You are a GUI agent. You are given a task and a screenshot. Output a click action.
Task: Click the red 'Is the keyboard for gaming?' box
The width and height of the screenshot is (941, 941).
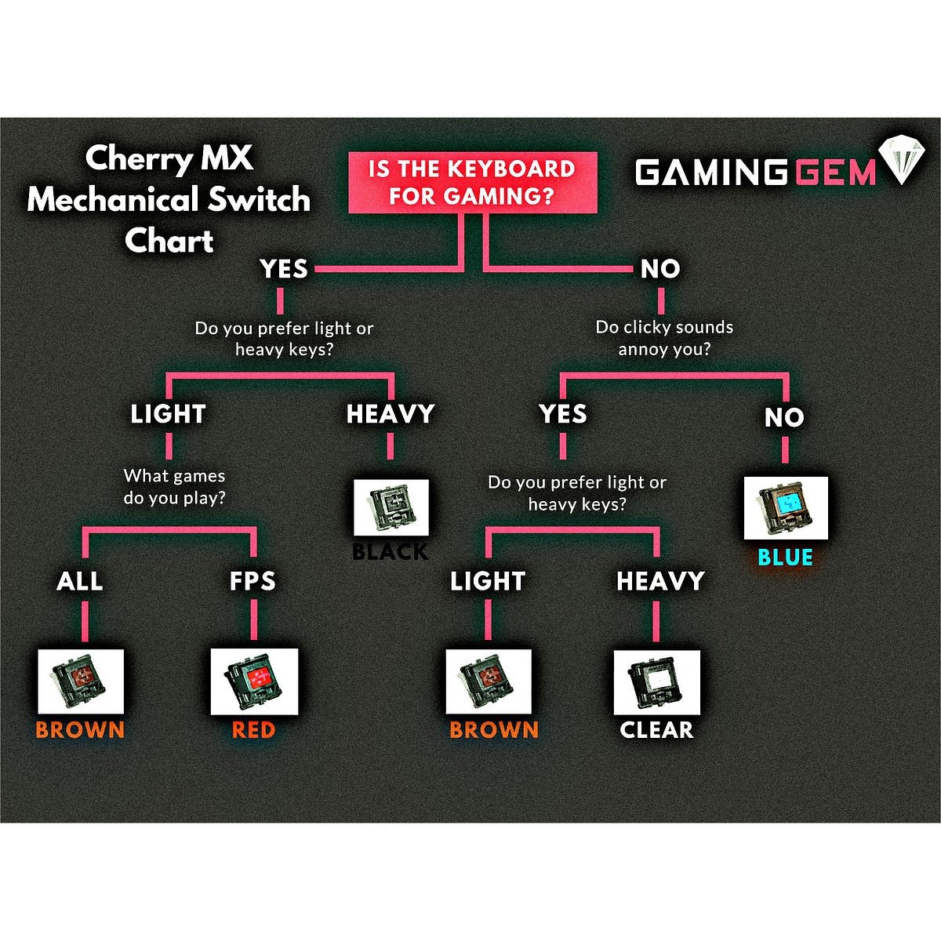[x=473, y=183]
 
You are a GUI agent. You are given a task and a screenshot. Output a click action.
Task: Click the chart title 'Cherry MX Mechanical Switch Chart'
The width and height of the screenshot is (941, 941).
[x=169, y=199]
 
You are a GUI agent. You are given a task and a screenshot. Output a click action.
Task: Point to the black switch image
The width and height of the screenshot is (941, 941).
[x=391, y=507]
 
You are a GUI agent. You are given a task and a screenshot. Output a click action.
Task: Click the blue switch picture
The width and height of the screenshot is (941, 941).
[x=786, y=507]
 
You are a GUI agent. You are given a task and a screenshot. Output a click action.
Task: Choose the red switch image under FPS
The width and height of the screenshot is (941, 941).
[x=253, y=681]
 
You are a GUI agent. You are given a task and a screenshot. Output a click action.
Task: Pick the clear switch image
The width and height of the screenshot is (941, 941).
[x=656, y=681]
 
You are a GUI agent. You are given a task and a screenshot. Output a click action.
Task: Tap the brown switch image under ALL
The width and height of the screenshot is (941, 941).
[x=81, y=681]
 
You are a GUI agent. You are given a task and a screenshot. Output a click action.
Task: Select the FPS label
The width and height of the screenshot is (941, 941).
[x=253, y=581]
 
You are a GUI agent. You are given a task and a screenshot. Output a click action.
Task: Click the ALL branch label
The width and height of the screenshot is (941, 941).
[x=80, y=581]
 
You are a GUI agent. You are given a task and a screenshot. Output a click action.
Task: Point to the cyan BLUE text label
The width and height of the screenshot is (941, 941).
[x=785, y=558]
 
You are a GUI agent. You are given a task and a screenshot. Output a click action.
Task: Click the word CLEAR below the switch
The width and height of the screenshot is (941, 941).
[x=656, y=730]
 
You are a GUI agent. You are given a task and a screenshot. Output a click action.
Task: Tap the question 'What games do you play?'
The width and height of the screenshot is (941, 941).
[x=174, y=486]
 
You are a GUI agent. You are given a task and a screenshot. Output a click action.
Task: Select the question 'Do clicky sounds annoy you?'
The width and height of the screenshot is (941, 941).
[x=664, y=338]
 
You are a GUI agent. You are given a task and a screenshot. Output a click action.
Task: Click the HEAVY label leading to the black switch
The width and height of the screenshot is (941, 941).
[x=391, y=414]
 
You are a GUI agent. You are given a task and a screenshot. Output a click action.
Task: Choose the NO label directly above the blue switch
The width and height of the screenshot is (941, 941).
[x=784, y=418]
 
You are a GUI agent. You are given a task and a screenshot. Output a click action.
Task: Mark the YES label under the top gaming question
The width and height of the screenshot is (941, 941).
[x=284, y=269]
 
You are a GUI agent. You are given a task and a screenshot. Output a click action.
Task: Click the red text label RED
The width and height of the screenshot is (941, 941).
[x=253, y=730]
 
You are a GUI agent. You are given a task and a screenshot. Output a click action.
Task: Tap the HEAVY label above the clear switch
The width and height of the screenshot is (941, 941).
[x=660, y=581]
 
